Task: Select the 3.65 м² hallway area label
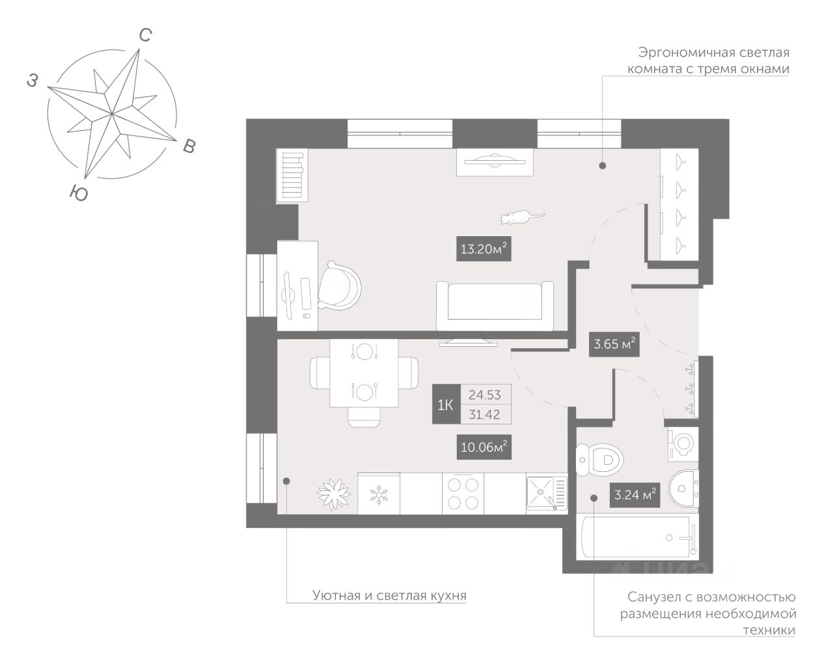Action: (x=613, y=344)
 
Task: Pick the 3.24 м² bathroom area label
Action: (x=634, y=495)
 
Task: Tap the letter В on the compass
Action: (x=189, y=146)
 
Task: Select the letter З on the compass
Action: (x=32, y=80)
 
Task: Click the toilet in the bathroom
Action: (x=601, y=460)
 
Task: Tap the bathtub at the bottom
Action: (x=637, y=538)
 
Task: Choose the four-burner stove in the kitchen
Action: (x=463, y=493)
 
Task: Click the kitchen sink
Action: (x=545, y=493)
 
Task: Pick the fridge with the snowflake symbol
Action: (x=378, y=493)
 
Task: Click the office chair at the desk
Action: (x=339, y=286)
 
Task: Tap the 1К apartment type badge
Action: (x=446, y=405)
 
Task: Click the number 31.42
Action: (x=484, y=414)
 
